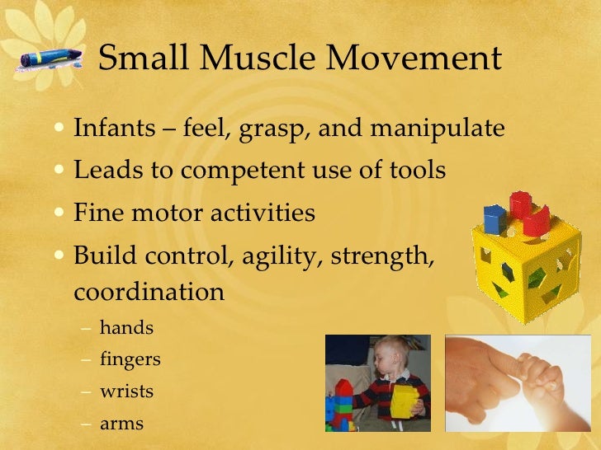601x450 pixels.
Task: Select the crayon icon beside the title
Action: (52, 59)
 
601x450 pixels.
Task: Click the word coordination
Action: (149, 293)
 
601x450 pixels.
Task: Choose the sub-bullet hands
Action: (126, 328)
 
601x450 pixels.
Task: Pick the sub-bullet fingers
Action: (130, 360)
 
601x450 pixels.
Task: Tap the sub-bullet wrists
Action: (126, 391)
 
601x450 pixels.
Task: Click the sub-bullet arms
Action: (121, 424)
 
